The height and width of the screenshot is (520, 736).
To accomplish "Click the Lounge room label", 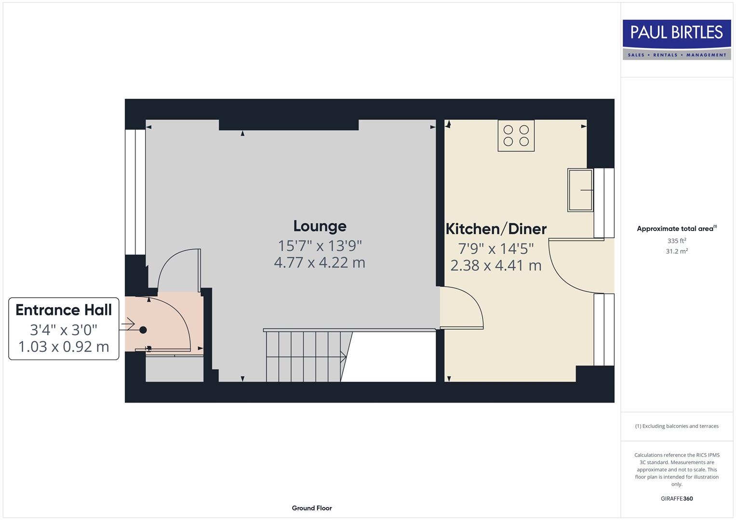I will coord(320,226).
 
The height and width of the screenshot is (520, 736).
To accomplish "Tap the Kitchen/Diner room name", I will coord(496,229).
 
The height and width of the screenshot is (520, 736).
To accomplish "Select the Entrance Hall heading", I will coord(64,310).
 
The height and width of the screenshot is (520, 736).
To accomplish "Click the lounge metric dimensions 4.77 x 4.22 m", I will coord(320,263).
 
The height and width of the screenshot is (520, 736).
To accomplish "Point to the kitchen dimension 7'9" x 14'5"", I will coord(496,248).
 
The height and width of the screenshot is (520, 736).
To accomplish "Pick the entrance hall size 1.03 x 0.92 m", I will coord(64,347).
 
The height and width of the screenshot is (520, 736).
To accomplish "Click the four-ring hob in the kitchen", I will coord(516,135).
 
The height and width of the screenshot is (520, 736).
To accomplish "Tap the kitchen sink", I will coord(580,190).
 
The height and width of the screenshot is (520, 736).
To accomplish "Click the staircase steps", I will coord(304,356).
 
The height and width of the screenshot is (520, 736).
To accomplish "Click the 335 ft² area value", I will coord(677,241).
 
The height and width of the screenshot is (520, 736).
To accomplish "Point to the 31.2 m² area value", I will coord(677,251).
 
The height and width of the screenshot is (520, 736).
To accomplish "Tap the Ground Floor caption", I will coord(312,508).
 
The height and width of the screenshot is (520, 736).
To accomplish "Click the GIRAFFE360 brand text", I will coord(677,498).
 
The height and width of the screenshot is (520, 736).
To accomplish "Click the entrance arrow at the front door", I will coord(128,325).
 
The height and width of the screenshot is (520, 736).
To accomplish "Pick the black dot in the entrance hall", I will coord(143,330).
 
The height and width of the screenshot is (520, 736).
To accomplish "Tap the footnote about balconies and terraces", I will coord(677,426).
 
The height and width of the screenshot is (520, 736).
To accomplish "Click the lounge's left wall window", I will coord(135,192).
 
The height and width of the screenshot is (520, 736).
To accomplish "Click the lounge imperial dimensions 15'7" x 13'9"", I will coord(320,246).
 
